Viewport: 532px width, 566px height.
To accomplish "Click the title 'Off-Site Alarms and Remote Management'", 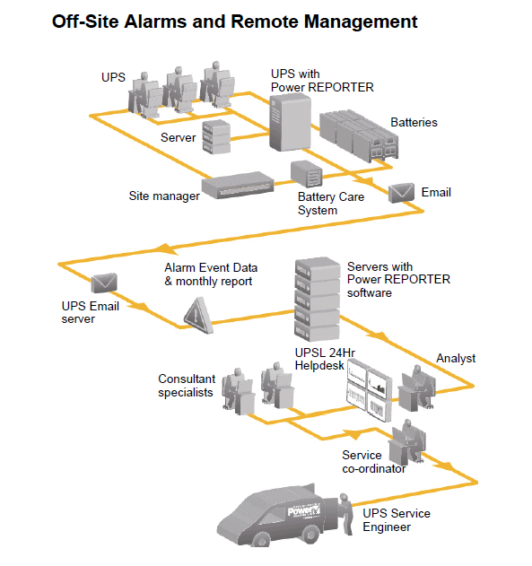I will (x=235, y=21).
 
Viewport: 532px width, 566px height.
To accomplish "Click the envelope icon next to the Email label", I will (x=401, y=192).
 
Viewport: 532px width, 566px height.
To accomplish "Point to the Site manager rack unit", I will (x=236, y=186).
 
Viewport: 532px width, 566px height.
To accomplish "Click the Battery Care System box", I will (x=303, y=172).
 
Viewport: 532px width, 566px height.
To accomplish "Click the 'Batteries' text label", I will (x=414, y=122).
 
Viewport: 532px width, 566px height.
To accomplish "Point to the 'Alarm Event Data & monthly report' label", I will (x=211, y=274).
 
